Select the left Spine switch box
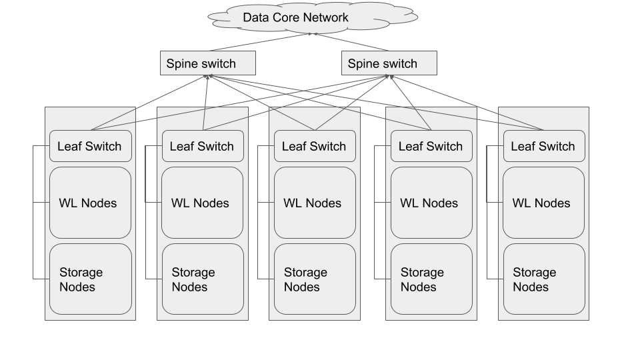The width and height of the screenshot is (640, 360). [208, 63]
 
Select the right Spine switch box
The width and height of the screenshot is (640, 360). [389, 63]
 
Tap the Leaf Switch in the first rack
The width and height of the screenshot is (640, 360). [90, 146]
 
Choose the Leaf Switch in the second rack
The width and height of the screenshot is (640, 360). [202, 146]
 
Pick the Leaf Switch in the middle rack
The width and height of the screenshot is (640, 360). [315, 146]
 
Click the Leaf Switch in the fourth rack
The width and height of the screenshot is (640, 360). [431, 146]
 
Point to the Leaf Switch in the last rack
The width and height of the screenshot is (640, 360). [543, 146]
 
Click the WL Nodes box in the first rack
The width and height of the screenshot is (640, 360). [90, 203]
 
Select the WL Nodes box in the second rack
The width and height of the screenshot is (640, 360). [202, 203]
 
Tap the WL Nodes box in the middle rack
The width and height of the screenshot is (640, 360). [315, 203]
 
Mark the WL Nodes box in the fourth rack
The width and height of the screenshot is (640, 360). [431, 203]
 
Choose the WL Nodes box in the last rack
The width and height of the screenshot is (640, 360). [543, 203]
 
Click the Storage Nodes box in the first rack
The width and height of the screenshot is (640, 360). [90, 279]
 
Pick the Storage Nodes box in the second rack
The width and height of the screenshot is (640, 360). [202, 279]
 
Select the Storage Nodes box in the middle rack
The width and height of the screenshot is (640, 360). [315, 279]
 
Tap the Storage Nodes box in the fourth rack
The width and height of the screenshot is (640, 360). [431, 279]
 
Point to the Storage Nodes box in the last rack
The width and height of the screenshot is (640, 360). [543, 279]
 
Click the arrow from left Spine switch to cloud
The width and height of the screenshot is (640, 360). [260, 41]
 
